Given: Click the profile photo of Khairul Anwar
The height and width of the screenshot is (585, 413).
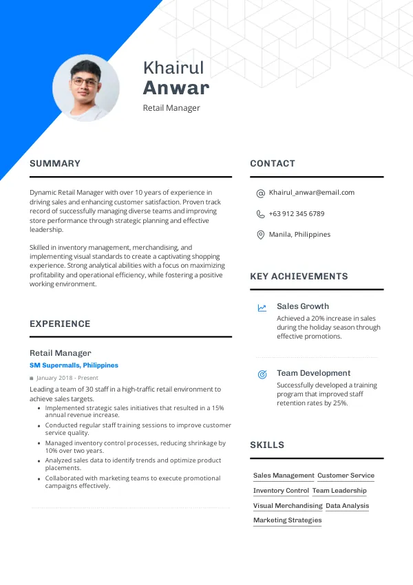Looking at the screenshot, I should [x=86, y=88].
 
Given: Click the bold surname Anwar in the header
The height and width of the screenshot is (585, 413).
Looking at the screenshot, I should [x=176, y=88].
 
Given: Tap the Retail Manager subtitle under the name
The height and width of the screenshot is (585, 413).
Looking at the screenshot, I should [x=171, y=108].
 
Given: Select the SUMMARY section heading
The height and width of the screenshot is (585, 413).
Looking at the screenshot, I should [x=55, y=164].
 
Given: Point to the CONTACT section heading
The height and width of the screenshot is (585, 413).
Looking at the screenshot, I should [x=273, y=164].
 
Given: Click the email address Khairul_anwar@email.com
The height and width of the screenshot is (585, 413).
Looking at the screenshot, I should [x=312, y=193].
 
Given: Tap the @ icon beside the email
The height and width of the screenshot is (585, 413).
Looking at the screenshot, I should [x=261, y=193].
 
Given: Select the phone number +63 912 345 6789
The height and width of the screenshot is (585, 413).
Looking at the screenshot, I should [x=297, y=214].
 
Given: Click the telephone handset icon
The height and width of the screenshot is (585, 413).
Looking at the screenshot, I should [x=261, y=214].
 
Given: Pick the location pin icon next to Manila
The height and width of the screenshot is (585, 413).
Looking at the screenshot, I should [x=261, y=235].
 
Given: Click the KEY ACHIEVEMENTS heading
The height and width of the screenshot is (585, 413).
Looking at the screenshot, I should [x=299, y=277].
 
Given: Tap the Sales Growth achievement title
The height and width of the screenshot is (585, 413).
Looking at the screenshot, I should [x=303, y=306].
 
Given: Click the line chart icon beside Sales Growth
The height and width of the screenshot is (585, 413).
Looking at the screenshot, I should [x=262, y=308].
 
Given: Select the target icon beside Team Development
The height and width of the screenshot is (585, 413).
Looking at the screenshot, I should [x=262, y=374].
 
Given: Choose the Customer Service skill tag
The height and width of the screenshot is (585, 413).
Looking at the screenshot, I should [x=346, y=476].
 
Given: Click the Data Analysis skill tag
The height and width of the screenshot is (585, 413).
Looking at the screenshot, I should [x=348, y=506].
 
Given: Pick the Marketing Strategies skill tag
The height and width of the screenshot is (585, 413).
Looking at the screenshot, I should [x=287, y=520].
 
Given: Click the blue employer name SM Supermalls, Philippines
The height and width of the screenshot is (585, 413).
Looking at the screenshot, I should [x=74, y=365].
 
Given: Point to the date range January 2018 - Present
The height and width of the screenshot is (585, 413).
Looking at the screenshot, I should [x=67, y=378].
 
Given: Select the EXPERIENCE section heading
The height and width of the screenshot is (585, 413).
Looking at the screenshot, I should [x=60, y=324].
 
